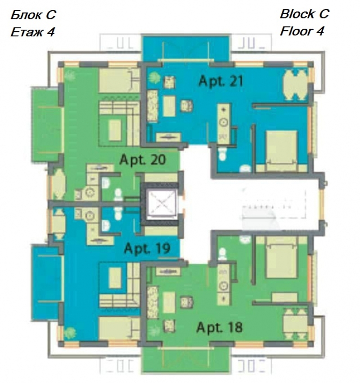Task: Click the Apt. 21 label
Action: point(221,81)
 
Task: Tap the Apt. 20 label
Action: point(143,160)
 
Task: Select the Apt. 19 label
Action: point(147,249)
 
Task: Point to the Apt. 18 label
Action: point(220,327)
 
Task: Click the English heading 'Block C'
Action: point(305,14)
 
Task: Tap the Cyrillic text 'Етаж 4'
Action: point(32,32)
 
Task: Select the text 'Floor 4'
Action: point(302,31)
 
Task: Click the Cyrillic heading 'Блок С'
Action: point(33,15)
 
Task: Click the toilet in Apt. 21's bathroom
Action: point(222,154)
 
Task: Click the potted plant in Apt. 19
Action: point(70,333)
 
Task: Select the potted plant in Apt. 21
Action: point(154,77)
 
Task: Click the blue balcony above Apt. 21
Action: point(186,48)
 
